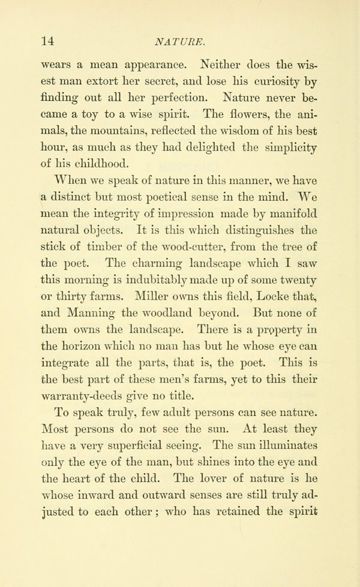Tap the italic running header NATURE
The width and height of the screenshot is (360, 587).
[x=181, y=41]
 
